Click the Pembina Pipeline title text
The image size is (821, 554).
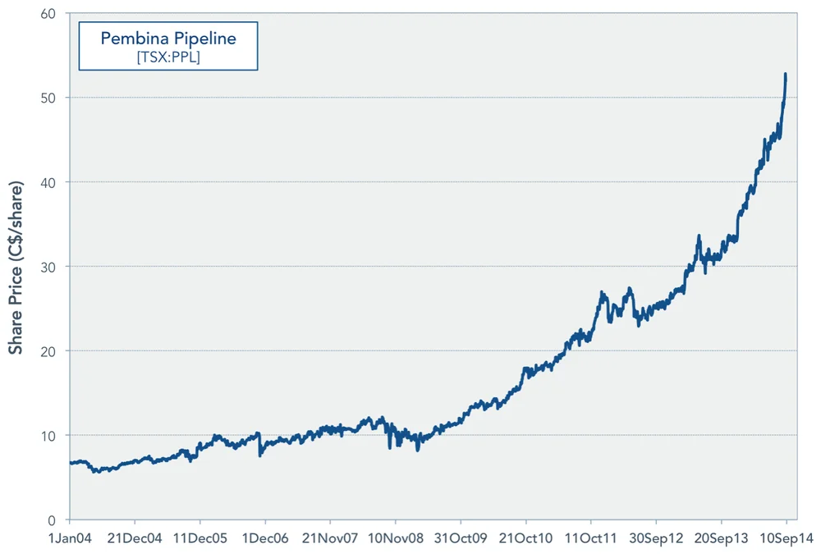coord(167,39)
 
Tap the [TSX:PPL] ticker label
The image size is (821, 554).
coord(167,57)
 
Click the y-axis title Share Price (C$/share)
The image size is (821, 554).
coord(16,266)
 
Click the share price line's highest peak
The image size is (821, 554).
coord(786,74)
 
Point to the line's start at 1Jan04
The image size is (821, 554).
coord(71,463)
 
